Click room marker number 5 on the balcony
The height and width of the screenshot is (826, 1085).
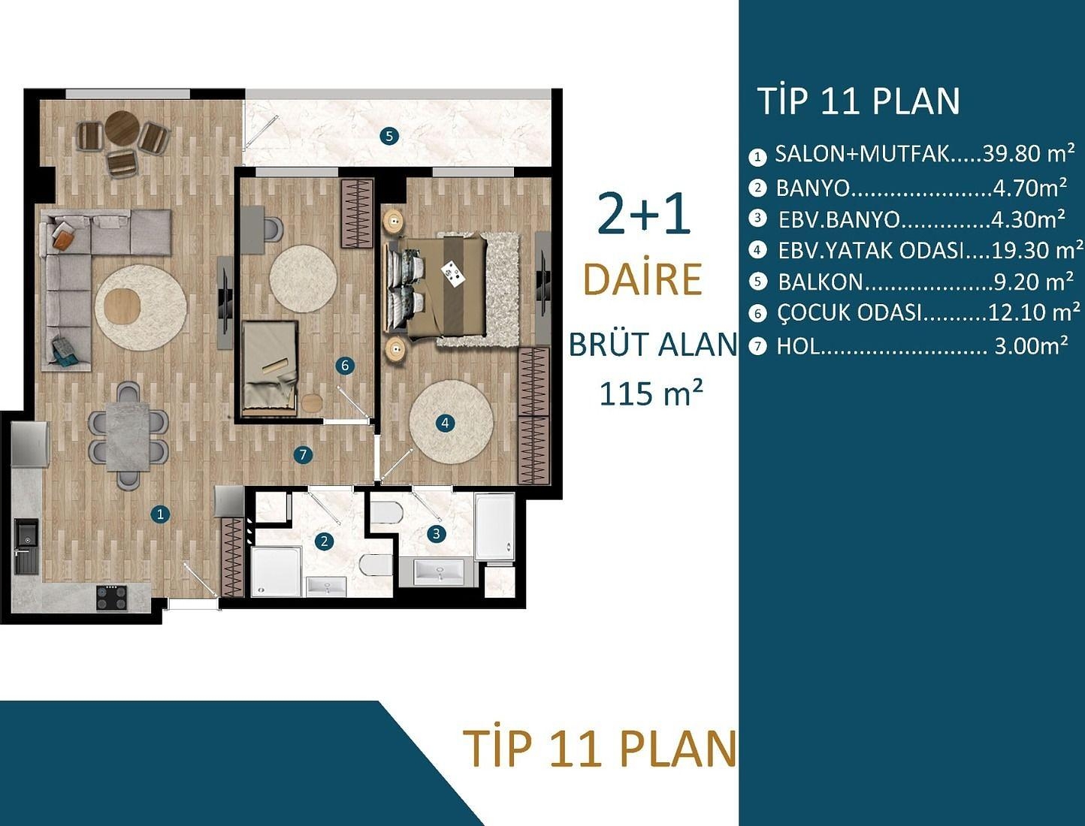tap(388, 136)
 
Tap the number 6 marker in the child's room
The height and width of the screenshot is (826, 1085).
tap(345, 366)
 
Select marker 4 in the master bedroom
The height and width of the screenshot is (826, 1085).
tap(445, 423)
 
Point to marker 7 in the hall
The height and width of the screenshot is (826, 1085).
tap(303, 454)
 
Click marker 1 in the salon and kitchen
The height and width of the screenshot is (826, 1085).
tap(159, 514)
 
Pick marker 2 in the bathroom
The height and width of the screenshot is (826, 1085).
tap(325, 541)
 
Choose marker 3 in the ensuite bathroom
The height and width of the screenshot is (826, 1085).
tap(437, 534)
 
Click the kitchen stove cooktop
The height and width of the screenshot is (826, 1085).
tap(112, 597)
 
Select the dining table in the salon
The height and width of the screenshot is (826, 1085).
tap(128, 436)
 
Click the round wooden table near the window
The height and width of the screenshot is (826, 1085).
tap(121, 128)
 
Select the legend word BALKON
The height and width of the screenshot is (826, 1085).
tap(821, 282)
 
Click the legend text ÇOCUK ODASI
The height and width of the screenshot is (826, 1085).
tap(849, 313)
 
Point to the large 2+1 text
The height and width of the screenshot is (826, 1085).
tap(644, 214)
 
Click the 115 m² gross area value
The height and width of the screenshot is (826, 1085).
tap(651, 393)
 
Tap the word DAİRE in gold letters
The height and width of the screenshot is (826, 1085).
tap(642, 279)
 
